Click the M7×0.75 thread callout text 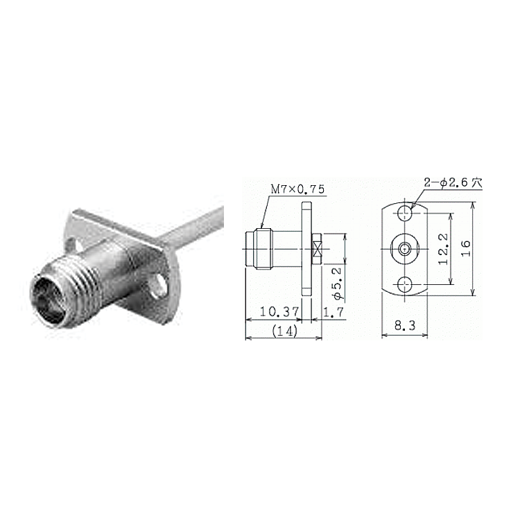tap(297, 189)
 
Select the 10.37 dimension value tap(279, 312)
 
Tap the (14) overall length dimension tap(284, 331)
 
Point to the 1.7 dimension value tap(333, 312)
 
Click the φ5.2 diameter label tap(337, 284)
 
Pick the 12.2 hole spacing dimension tap(443, 249)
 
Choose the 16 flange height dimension tap(466, 248)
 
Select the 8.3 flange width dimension tap(405, 326)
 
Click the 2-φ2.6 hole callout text tap(453, 183)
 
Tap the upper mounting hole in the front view tap(405, 213)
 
